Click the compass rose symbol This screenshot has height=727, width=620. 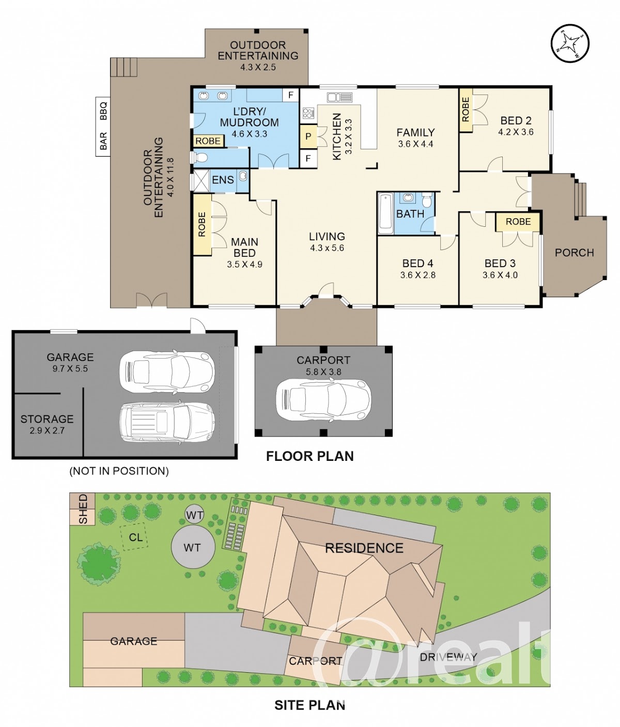coord(570,43)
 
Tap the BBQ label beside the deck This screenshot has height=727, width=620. coord(103,111)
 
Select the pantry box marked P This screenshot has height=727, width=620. coord(308,136)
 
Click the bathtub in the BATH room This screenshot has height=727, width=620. coord(386,213)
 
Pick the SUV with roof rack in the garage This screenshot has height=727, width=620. coord(167,422)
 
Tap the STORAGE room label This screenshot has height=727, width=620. coord(47,419)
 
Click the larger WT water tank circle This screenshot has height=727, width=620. coord(193,547)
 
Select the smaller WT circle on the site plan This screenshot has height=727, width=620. coord(194,515)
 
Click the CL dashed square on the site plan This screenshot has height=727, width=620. coord(134,537)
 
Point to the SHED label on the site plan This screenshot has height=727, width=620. coord(83,509)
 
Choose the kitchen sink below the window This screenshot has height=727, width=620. coord(339,97)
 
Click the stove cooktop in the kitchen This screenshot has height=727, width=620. coord(308,113)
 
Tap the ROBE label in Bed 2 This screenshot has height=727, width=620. coord(466,110)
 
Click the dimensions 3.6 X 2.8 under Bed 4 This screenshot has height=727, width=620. coord(418,275)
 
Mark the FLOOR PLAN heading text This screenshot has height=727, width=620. coord(310,456)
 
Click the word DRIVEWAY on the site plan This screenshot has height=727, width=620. coord(448,656)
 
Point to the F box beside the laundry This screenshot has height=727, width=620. coord(291,95)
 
